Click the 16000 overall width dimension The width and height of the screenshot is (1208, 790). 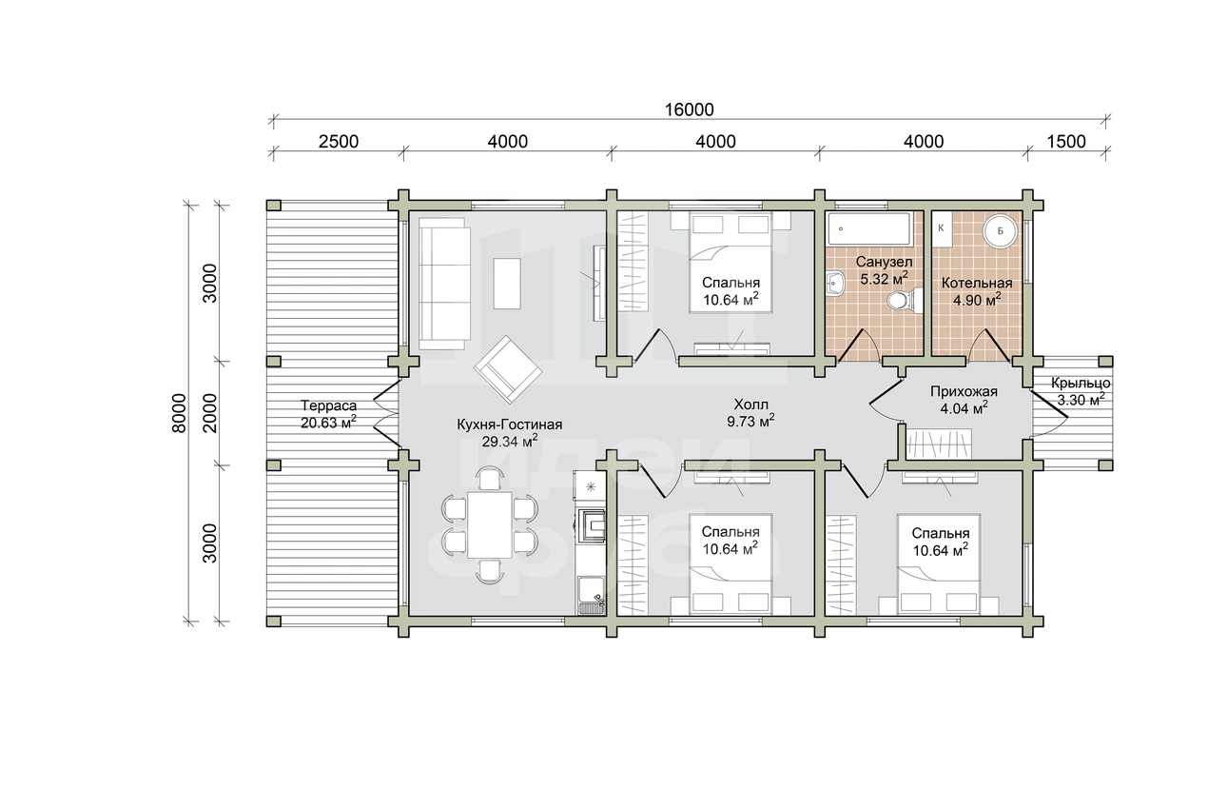coord(689,109)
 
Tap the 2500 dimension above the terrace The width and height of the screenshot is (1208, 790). coord(338,142)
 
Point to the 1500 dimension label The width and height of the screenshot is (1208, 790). coord(1066,142)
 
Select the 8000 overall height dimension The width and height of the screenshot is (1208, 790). coord(180,413)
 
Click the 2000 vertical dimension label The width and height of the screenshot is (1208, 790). coord(210,413)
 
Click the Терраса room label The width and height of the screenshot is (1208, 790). coord(328,405)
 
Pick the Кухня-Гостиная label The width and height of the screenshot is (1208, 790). coord(510,425)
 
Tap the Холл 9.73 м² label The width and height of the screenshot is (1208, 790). coord(750,413)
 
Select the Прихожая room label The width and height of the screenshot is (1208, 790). coord(964,392)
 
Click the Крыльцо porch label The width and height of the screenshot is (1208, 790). coord(1081,384)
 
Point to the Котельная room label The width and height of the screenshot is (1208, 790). coord(977,283)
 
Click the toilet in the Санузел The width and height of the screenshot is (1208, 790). coord(905,300)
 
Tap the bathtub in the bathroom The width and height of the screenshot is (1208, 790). coord(868,229)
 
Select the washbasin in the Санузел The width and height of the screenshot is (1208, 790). coord(835,283)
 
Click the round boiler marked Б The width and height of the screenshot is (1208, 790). coord(1000,232)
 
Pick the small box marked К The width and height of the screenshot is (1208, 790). coord(941,228)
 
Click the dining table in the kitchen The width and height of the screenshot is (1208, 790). coord(489,524)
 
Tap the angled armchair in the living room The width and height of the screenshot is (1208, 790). coord(508,369)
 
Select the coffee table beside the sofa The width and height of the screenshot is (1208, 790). coord(507,284)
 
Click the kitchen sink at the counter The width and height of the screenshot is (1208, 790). coord(591,595)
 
